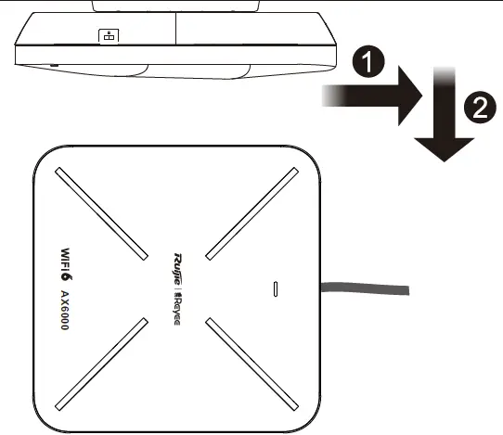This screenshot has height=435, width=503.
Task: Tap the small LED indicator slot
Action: (x=275, y=288)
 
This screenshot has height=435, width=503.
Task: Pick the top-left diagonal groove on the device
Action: (x=103, y=213)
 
